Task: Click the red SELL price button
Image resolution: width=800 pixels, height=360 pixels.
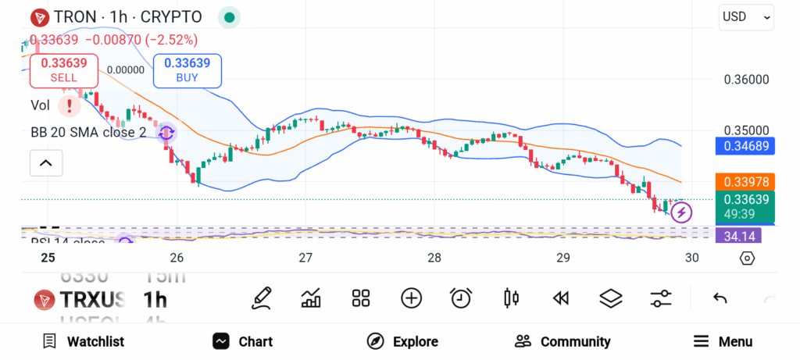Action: pyautogui.click(x=64, y=70)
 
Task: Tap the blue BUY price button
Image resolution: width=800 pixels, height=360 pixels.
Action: pyautogui.click(x=187, y=70)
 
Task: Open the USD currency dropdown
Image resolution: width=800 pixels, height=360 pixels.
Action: pyautogui.click(x=746, y=16)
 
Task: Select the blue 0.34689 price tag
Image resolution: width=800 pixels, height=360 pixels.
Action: pyautogui.click(x=745, y=145)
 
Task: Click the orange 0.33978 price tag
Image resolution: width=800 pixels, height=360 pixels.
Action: pyautogui.click(x=745, y=182)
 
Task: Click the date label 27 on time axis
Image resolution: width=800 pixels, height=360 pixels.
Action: pyautogui.click(x=305, y=258)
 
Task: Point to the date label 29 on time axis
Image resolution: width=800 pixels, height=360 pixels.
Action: pyautogui.click(x=562, y=258)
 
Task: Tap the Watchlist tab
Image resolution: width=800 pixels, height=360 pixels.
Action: pyautogui.click(x=84, y=341)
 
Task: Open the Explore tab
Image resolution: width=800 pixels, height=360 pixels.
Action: pyautogui.click(x=403, y=341)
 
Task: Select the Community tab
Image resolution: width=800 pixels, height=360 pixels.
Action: pyautogui.click(x=562, y=341)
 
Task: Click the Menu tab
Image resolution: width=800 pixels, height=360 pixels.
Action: pyautogui.click(x=723, y=341)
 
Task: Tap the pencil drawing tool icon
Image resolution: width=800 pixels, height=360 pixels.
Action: pyautogui.click(x=262, y=298)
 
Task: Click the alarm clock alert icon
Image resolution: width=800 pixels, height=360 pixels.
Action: pyautogui.click(x=461, y=298)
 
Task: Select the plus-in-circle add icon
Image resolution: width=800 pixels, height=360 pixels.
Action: pyautogui.click(x=411, y=298)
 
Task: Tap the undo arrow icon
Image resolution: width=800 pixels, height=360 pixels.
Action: pyautogui.click(x=720, y=298)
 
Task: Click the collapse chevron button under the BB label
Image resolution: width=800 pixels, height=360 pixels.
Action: pyautogui.click(x=46, y=163)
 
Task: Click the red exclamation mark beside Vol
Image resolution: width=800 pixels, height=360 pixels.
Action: pyautogui.click(x=71, y=105)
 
